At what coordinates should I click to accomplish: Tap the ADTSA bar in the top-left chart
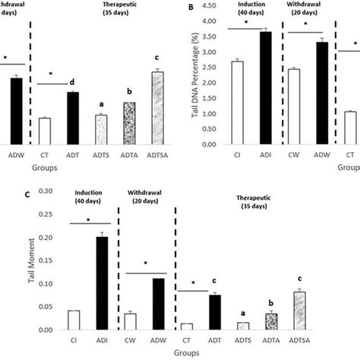(x=156, y=107)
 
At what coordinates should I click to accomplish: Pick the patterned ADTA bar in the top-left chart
(x=128, y=122)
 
